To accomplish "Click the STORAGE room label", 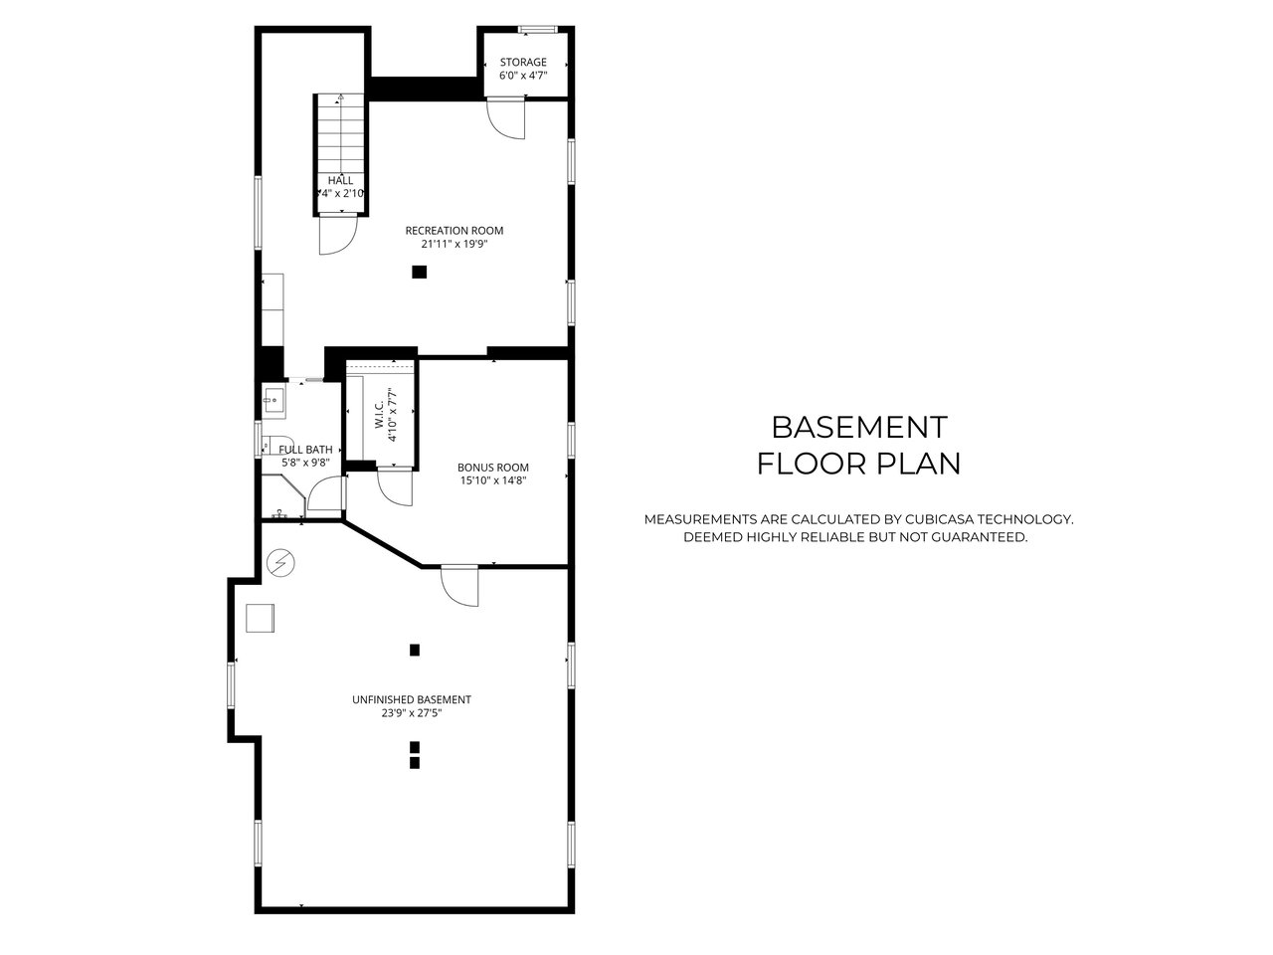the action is coord(523,62).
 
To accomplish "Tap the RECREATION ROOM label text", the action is coord(455,230).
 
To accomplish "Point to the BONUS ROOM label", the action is coord(493,467).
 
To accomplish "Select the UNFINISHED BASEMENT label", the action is coord(412,699).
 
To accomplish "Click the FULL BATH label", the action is coord(305,450).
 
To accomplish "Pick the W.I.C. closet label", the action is coord(380,415).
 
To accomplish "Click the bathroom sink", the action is coord(273,400).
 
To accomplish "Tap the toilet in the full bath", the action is coord(274,445).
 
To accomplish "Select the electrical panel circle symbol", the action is coord(280,562).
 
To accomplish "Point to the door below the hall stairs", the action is coord(338,234).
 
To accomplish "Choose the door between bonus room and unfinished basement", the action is coord(459,586).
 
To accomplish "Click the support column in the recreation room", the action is coord(419,272).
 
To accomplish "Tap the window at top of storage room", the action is coord(538,29).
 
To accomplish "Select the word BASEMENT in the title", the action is coord(859,428).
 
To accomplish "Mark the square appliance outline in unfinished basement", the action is coord(260,618).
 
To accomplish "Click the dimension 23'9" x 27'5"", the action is coord(412,713).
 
